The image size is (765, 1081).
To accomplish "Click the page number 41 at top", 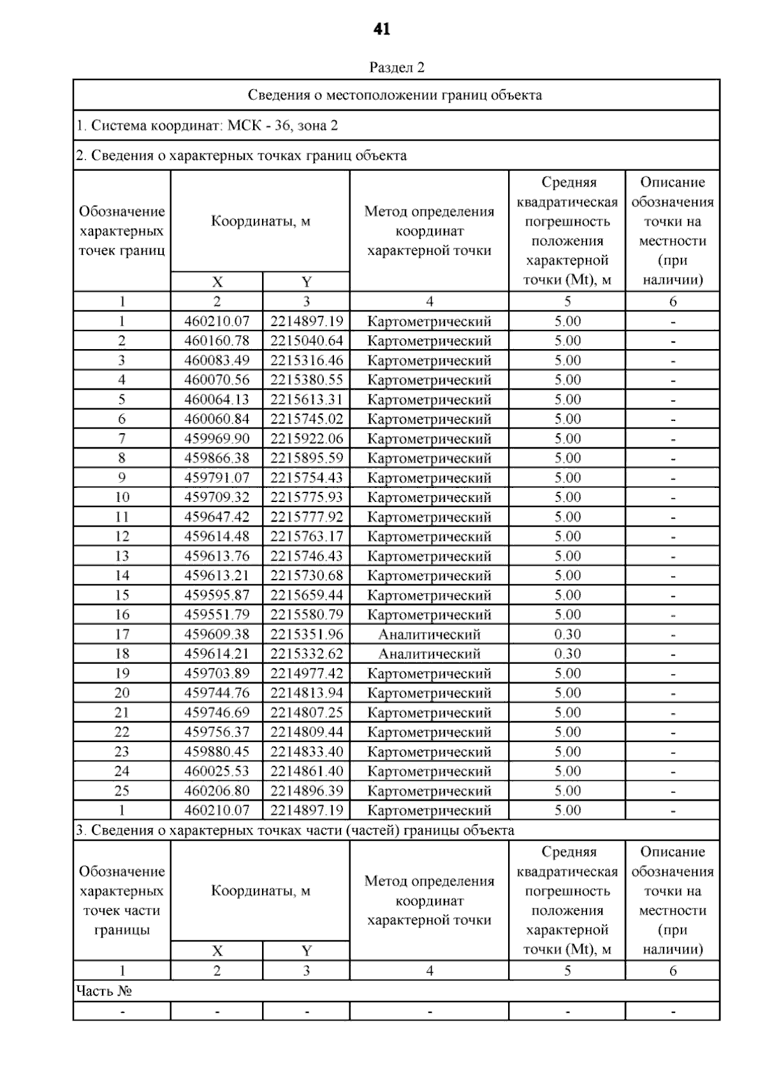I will (x=382, y=29).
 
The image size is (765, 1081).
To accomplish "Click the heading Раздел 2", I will (x=397, y=68).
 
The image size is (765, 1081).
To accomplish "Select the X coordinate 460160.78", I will (x=217, y=341).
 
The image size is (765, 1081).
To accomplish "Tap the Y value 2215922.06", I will (x=307, y=439).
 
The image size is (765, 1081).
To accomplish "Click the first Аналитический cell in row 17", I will (x=429, y=634).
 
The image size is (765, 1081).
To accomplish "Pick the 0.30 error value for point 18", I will (x=567, y=654).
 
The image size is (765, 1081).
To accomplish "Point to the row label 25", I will (x=122, y=791).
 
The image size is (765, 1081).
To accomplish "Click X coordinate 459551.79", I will (x=217, y=615).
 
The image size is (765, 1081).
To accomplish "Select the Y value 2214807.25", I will (x=307, y=713).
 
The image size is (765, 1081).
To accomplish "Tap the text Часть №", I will (x=104, y=991).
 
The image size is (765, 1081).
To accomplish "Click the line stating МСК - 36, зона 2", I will (x=207, y=125).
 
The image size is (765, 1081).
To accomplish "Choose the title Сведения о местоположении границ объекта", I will (x=395, y=96).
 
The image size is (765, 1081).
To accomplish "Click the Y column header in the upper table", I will (x=307, y=282).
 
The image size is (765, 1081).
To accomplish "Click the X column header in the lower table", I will (x=217, y=952).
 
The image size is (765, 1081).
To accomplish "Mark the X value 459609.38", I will (x=217, y=634).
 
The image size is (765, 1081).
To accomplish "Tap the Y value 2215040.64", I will (x=307, y=341).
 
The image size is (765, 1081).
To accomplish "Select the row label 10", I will (x=122, y=498).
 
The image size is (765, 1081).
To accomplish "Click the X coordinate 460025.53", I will (x=217, y=771).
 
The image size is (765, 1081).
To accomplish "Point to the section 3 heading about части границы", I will (x=295, y=831).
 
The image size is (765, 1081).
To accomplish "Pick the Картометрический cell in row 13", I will (x=429, y=556).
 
